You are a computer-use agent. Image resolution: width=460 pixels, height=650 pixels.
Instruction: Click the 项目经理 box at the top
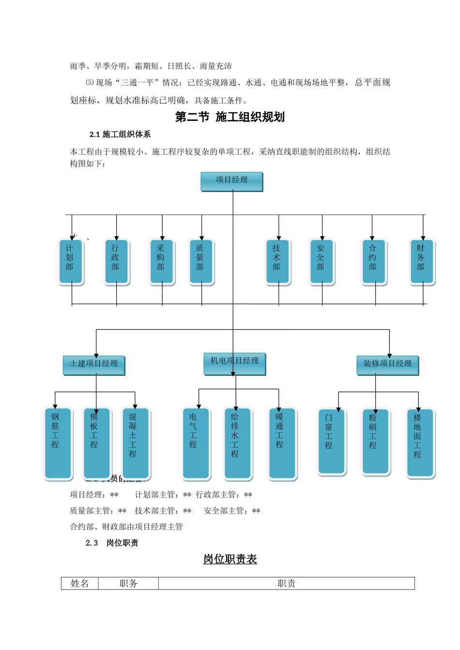(x=231, y=181)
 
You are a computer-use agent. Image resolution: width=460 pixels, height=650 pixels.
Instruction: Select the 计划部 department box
(x=71, y=261)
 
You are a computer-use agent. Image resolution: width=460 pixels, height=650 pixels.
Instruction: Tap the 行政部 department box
(x=116, y=261)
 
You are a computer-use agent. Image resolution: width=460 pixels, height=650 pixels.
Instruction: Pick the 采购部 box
(x=162, y=261)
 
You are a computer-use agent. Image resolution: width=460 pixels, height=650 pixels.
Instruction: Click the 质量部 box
(x=201, y=261)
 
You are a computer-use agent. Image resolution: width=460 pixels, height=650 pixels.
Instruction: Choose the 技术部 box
(x=278, y=261)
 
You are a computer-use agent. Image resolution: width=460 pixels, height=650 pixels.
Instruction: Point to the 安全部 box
(x=322, y=261)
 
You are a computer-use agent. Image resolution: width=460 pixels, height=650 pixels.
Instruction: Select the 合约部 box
(x=374, y=261)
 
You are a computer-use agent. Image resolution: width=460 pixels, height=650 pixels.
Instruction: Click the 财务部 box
(x=422, y=261)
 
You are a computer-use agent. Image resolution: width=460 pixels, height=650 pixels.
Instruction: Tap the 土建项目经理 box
(x=93, y=364)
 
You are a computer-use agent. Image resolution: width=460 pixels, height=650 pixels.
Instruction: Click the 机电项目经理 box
(x=234, y=363)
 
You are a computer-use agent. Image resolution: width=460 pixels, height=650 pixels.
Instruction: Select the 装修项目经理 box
(x=387, y=365)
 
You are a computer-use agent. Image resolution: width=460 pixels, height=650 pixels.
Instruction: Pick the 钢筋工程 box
(x=58, y=443)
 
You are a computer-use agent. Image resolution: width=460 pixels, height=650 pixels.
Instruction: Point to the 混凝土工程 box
(x=135, y=443)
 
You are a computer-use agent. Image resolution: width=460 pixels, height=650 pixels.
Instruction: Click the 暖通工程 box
(x=282, y=443)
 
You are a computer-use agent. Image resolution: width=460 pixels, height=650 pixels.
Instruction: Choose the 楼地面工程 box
(x=419, y=443)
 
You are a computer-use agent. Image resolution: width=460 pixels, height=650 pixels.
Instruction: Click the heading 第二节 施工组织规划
(x=230, y=117)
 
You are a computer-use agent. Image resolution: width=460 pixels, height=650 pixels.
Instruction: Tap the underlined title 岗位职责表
(x=230, y=560)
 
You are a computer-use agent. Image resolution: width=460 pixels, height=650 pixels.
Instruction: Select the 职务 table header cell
(x=128, y=584)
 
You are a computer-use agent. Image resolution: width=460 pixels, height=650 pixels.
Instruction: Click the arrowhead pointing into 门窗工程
(x=338, y=410)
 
